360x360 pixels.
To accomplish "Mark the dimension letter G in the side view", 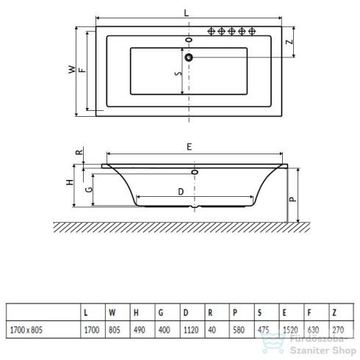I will coord(88,188).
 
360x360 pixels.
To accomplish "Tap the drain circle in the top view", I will coord(189,57).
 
